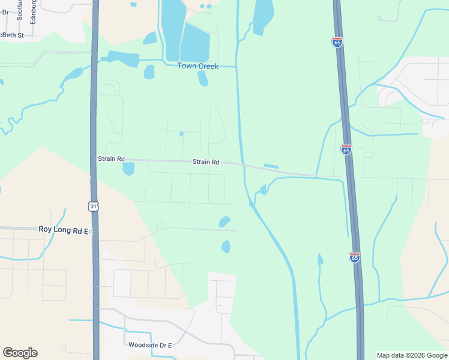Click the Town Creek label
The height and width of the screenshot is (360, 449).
197,66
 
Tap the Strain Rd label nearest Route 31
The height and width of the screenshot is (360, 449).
111,159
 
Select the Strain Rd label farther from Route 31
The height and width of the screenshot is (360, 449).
206,162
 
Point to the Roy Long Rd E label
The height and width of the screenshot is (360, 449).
63,229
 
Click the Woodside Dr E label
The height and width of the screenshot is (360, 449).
150,345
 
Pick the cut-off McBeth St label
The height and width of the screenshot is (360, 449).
11,35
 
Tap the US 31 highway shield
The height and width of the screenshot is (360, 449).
93,206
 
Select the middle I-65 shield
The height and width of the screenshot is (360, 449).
346,149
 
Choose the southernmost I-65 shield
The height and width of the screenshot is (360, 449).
355,257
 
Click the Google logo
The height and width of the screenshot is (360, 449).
20,353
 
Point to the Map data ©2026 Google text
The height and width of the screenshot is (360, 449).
412,355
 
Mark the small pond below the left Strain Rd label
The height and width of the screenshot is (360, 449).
128,169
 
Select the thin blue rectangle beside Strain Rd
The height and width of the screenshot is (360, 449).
271,166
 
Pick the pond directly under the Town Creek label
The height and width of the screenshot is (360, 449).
203,79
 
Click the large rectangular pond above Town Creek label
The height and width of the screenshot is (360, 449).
195,42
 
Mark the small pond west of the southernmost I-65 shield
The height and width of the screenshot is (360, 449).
320,259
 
